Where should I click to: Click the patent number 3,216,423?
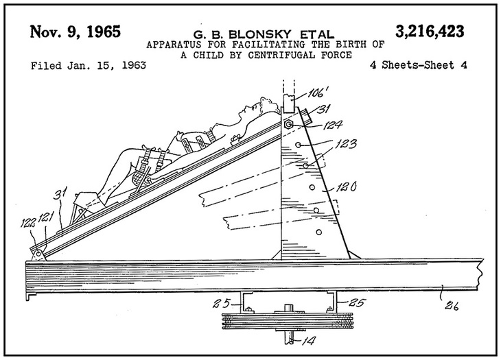click(430, 31)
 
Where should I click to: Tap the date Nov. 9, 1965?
click(75, 32)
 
